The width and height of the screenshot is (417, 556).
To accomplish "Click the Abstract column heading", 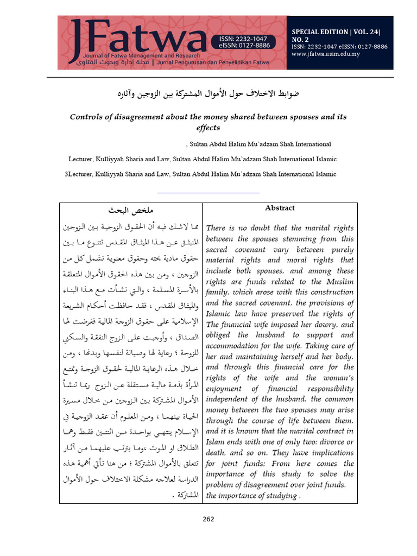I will click(280, 208).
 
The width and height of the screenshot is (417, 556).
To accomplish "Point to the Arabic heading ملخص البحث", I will click(130, 210).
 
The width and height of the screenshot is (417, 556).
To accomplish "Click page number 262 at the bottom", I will click(208, 519).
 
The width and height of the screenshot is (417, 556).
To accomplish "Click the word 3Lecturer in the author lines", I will click(81, 174).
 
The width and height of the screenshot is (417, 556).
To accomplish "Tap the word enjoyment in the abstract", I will click(226, 389).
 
